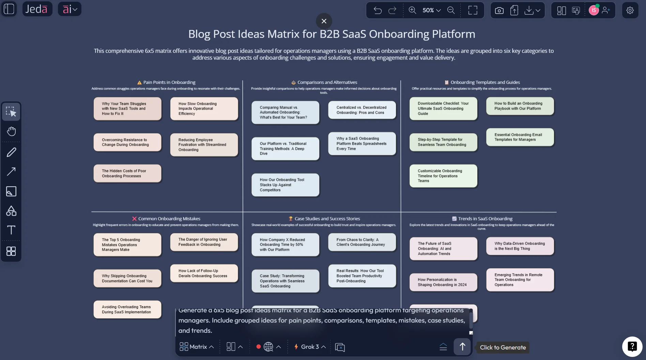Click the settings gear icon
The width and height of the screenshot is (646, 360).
630,10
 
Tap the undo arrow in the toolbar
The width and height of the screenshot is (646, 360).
378,10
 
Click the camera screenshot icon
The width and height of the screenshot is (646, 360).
499,11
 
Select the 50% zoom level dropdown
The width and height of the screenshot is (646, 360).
431,10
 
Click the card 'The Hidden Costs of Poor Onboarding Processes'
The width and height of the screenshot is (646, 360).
127,173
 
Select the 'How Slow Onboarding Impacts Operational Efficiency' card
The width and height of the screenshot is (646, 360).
204,109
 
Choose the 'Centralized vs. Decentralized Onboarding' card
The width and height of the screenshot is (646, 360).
362,110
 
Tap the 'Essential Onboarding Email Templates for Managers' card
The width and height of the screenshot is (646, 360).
520,137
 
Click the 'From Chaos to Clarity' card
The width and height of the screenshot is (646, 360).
362,242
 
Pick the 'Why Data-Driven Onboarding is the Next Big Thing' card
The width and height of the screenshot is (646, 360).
520,246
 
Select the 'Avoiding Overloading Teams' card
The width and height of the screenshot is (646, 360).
127,309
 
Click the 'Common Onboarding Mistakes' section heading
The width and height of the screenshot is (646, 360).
169,219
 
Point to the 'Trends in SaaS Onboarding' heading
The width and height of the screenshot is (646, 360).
485,219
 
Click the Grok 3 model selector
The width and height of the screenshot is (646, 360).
310,347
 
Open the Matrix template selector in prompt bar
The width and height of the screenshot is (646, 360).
197,347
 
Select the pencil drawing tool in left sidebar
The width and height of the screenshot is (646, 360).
11,152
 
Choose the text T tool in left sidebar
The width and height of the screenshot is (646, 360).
11,230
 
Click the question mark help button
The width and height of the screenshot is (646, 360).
632,347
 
